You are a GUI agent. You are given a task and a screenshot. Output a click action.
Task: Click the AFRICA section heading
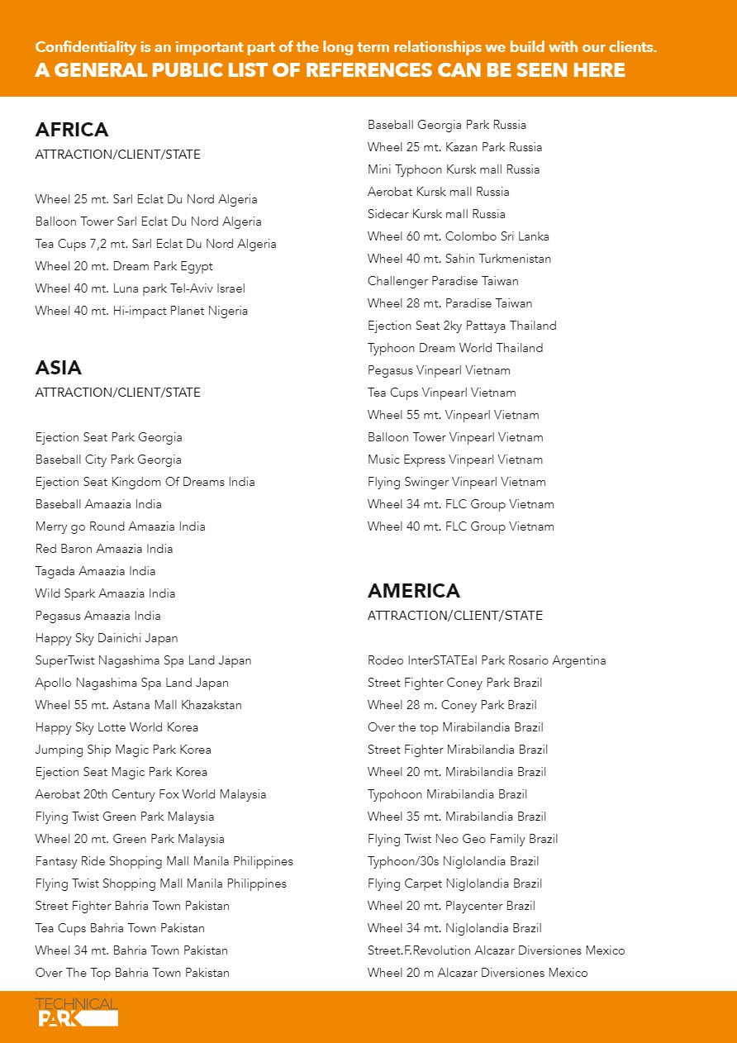[72, 130]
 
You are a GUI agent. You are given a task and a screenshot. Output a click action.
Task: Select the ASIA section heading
[59, 368]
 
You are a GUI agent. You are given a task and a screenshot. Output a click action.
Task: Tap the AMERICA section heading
[414, 591]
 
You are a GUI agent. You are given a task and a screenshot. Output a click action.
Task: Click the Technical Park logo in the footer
[77, 1012]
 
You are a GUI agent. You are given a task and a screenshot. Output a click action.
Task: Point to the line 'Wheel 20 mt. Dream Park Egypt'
[124, 266]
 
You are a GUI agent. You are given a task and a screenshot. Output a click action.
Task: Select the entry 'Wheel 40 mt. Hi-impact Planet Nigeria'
[141, 311]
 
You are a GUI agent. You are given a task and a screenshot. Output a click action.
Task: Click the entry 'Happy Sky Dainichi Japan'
[107, 638]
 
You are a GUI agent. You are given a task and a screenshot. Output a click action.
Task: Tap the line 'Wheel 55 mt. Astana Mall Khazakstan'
[139, 705]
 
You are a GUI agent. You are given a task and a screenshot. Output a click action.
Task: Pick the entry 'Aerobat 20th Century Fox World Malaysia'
[150, 794]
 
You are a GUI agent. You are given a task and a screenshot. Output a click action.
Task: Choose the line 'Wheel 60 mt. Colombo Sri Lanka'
[459, 236]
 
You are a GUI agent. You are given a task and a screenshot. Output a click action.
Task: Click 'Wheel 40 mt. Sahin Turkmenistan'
[459, 259]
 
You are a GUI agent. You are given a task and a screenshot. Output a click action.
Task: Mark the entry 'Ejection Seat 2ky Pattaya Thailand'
[462, 326]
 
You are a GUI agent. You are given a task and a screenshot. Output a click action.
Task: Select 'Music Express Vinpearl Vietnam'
[455, 460]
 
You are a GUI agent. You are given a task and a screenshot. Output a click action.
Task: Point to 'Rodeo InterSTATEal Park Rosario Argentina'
[487, 660]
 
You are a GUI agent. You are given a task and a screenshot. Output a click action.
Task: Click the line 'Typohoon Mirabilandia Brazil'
[447, 794]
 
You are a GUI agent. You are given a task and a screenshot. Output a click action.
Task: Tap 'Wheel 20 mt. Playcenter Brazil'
[451, 906]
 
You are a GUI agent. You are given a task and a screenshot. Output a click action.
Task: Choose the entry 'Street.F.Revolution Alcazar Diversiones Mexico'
[497, 950]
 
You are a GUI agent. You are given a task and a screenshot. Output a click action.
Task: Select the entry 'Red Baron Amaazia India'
[104, 549]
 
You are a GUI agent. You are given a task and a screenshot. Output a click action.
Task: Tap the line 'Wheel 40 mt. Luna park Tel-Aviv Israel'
[140, 288]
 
